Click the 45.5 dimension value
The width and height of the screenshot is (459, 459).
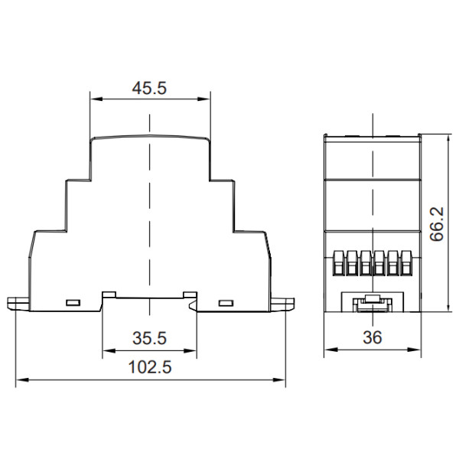[x=149, y=88]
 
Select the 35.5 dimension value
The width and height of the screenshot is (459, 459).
[x=150, y=338]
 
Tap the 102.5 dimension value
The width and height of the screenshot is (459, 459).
[x=150, y=367]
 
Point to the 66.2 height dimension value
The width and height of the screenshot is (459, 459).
[x=437, y=224]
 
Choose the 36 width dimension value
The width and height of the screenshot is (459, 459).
[x=373, y=337]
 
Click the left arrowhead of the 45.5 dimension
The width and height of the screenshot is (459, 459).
[x=96, y=99]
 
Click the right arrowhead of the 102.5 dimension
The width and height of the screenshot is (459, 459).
[x=279, y=380]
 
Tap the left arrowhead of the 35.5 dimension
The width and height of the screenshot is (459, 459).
[x=109, y=350]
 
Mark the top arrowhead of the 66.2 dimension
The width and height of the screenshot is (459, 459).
[x=448, y=141]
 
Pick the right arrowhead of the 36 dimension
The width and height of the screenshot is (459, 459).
[x=415, y=350]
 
